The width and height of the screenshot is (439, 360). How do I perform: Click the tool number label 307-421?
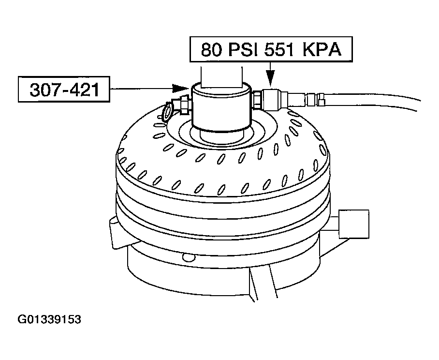64,90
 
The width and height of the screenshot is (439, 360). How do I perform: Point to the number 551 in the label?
279,50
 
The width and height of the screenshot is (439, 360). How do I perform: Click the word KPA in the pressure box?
322,50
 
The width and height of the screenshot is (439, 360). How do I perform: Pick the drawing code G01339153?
49,319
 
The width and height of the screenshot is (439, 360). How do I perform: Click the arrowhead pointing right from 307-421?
180,88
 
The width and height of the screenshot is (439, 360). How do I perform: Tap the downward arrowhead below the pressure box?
270,79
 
